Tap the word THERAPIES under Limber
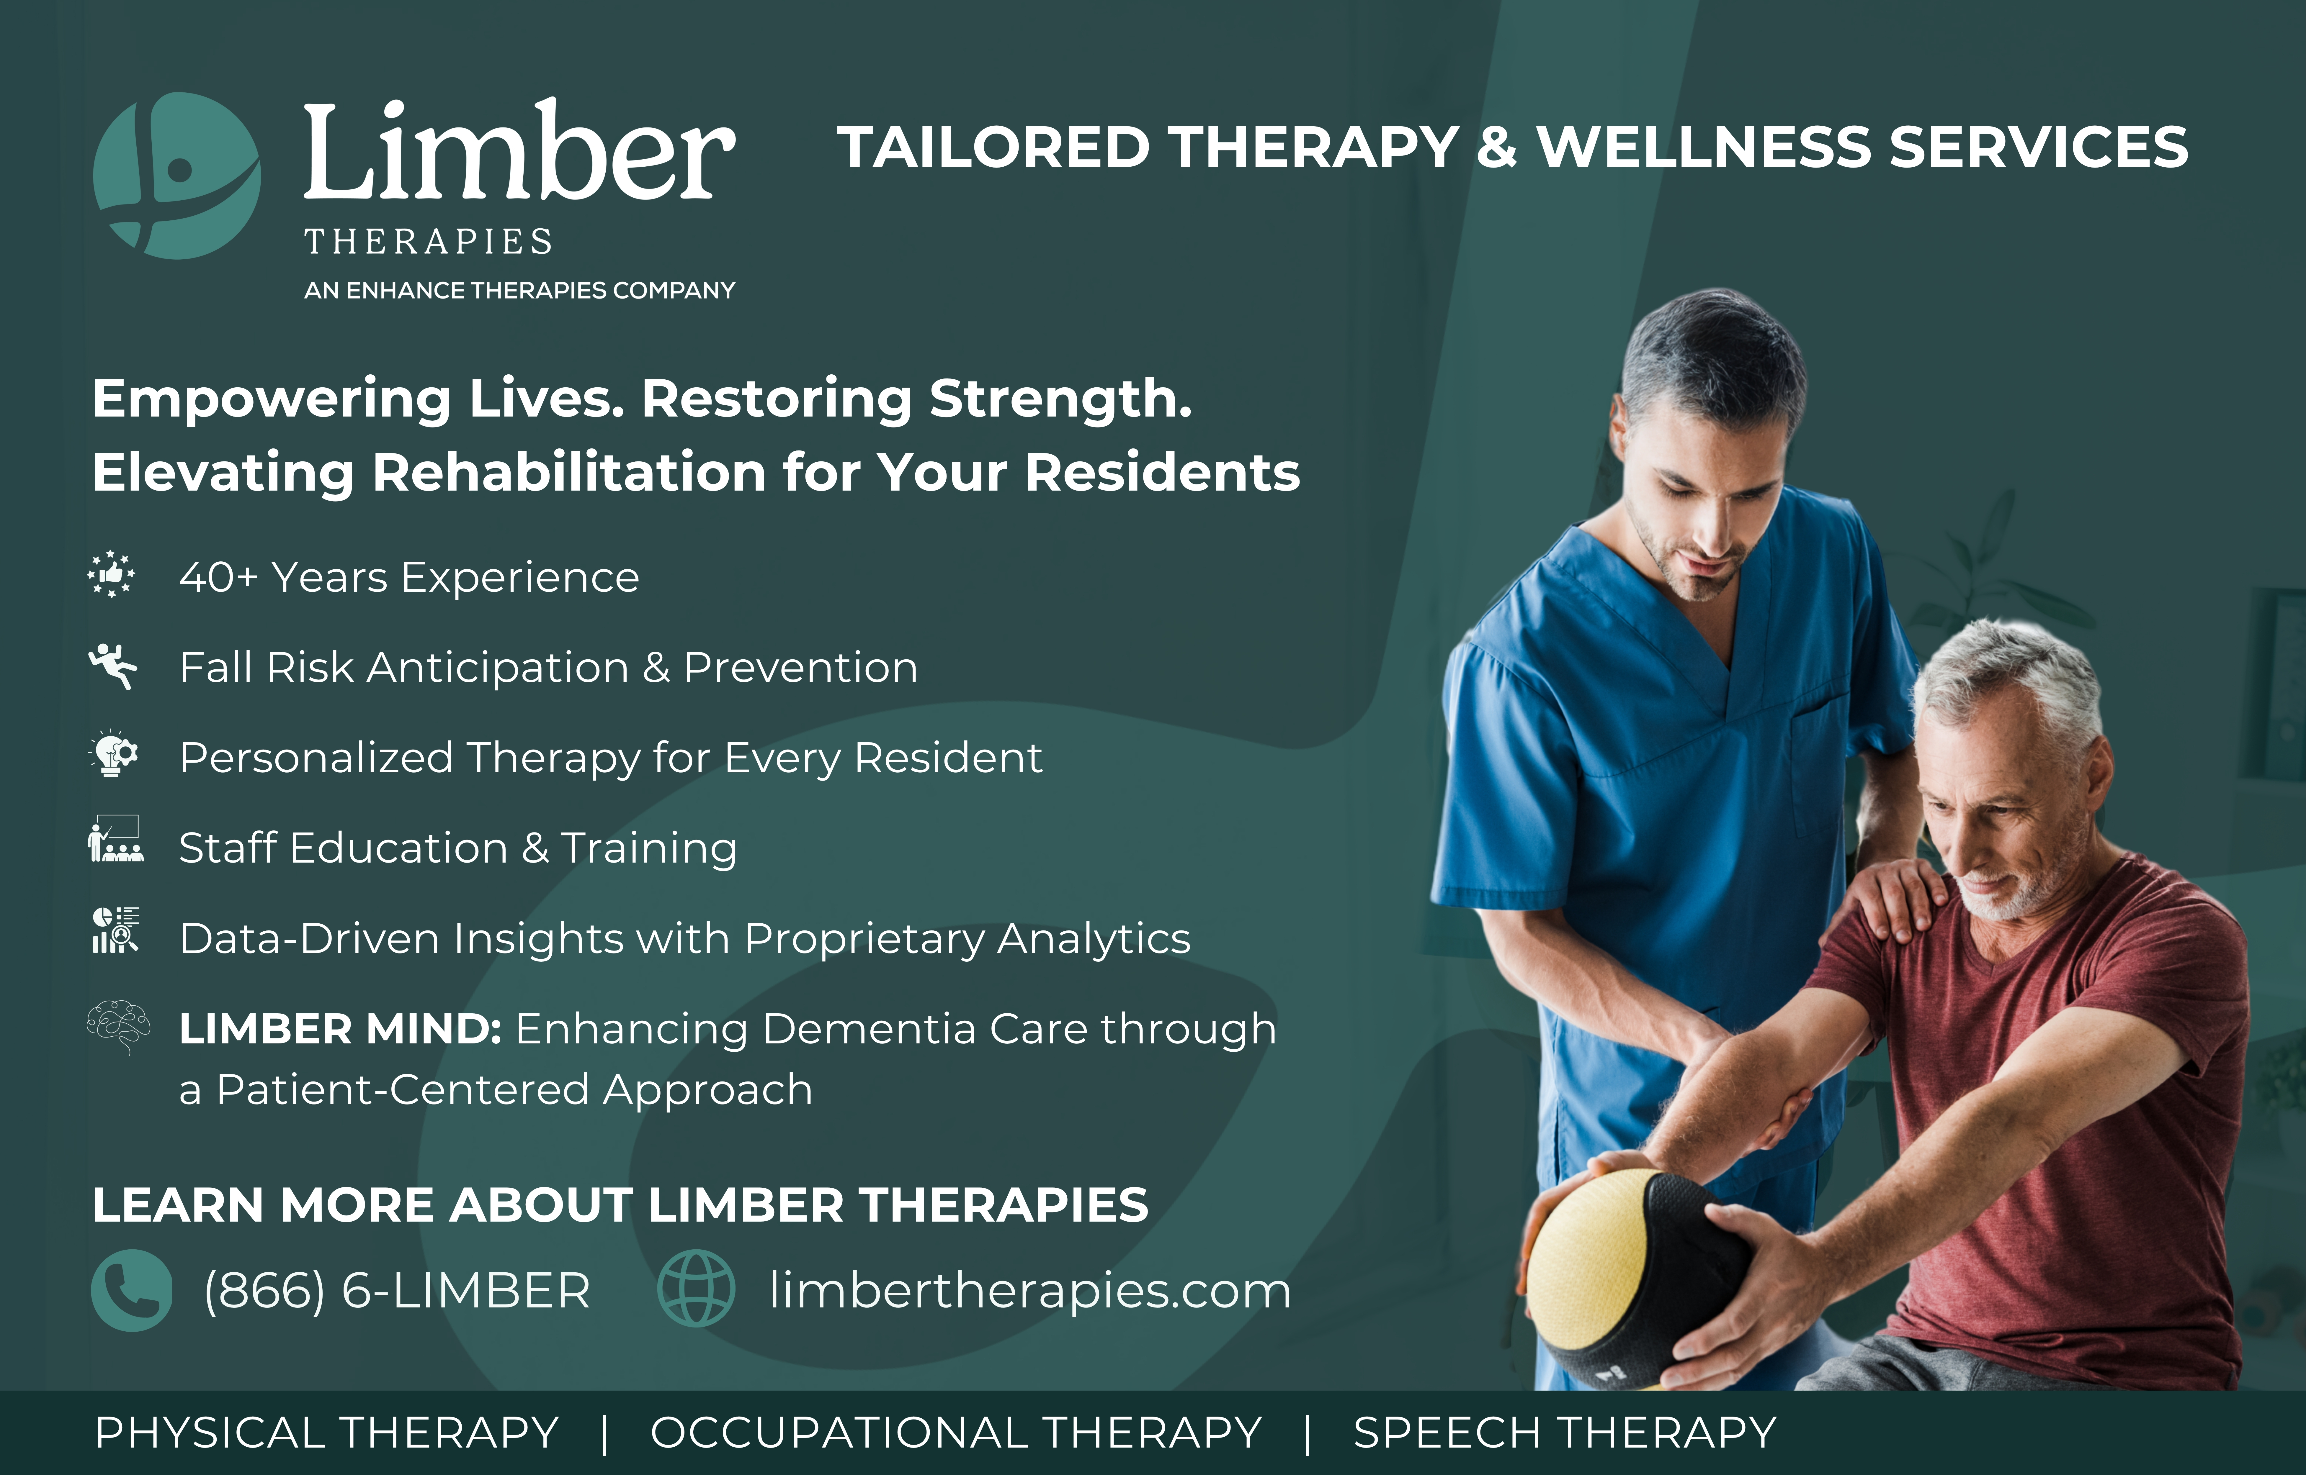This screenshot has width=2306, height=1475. (428, 241)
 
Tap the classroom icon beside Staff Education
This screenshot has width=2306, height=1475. (115, 839)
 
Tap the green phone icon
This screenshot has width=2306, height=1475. (131, 1290)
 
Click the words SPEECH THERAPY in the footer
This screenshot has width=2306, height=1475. (1565, 1433)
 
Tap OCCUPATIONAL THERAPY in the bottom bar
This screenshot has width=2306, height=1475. (956, 1433)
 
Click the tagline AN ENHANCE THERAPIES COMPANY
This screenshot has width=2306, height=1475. (519, 290)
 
